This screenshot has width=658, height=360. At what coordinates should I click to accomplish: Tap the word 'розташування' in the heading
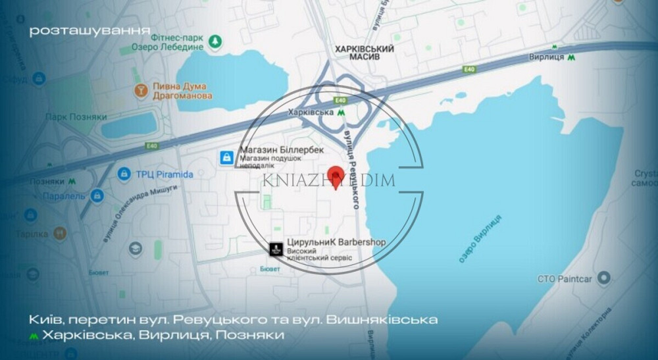[89, 30]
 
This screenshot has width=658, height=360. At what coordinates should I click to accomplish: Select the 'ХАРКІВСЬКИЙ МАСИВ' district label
[364, 54]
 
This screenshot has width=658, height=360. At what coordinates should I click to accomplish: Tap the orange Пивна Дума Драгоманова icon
[140, 90]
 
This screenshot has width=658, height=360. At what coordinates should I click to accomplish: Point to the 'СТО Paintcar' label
[565, 279]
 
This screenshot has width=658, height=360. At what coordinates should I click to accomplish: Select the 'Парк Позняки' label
[76, 116]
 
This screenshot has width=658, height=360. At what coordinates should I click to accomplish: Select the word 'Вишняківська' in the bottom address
[380, 320]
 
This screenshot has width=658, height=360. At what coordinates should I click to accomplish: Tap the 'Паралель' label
[64, 195]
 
